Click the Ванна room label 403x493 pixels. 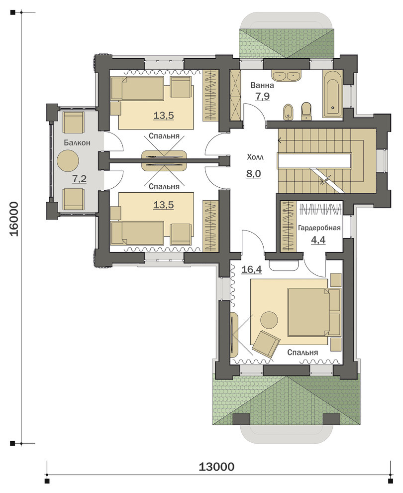pyautogui.click(x=262, y=85)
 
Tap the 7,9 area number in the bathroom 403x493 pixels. pyautogui.click(x=262, y=96)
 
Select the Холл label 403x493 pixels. pyautogui.click(x=255, y=157)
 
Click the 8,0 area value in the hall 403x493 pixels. pyautogui.click(x=254, y=174)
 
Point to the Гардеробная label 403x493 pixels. pyautogui.click(x=319, y=228)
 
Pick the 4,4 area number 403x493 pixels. pyautogui.click(x=318, y=240)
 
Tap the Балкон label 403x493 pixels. pyautogui.click(x=77, y=143)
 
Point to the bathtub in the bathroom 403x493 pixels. pyautogui.click(x=332, y=94)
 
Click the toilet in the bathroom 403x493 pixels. pyautogui.click(x=306, y=112)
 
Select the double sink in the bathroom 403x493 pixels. pyautogui.click(x=286, y=76)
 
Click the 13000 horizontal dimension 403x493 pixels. pyautogui.click(x=216, y=467)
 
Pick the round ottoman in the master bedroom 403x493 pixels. pyautogui.click(x=269, y=320)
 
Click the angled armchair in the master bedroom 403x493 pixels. pyautogui.click(x=266, y=344)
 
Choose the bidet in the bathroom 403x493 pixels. pyautogui.click(x=288, y=112)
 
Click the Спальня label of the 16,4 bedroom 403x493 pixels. pyautogui.click(x=302, y=353)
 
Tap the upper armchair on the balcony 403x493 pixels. pyautogui.click(x=74, y=123)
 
